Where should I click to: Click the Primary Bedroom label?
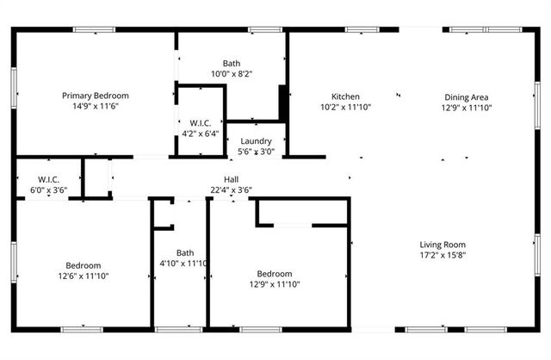(95, 96)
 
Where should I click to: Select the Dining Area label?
(467, 97)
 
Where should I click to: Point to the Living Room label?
(443, 245)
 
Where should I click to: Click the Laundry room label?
(256, 141)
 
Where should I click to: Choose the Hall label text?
(231, 179)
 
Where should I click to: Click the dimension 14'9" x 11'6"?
(95, 107)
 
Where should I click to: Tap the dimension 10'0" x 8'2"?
(232, 74)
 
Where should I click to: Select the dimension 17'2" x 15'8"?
(443, 256)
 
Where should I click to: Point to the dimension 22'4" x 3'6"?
(231, 189)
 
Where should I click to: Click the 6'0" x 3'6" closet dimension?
(48, 189)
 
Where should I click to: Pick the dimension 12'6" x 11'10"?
(84, 276)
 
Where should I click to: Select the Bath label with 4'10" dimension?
(185, 252)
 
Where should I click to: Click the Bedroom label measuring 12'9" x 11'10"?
(275, 272)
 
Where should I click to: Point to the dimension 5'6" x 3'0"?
(256, 152)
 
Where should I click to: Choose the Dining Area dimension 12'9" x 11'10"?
(467, 108)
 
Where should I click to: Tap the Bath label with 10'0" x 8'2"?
(232, 63)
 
